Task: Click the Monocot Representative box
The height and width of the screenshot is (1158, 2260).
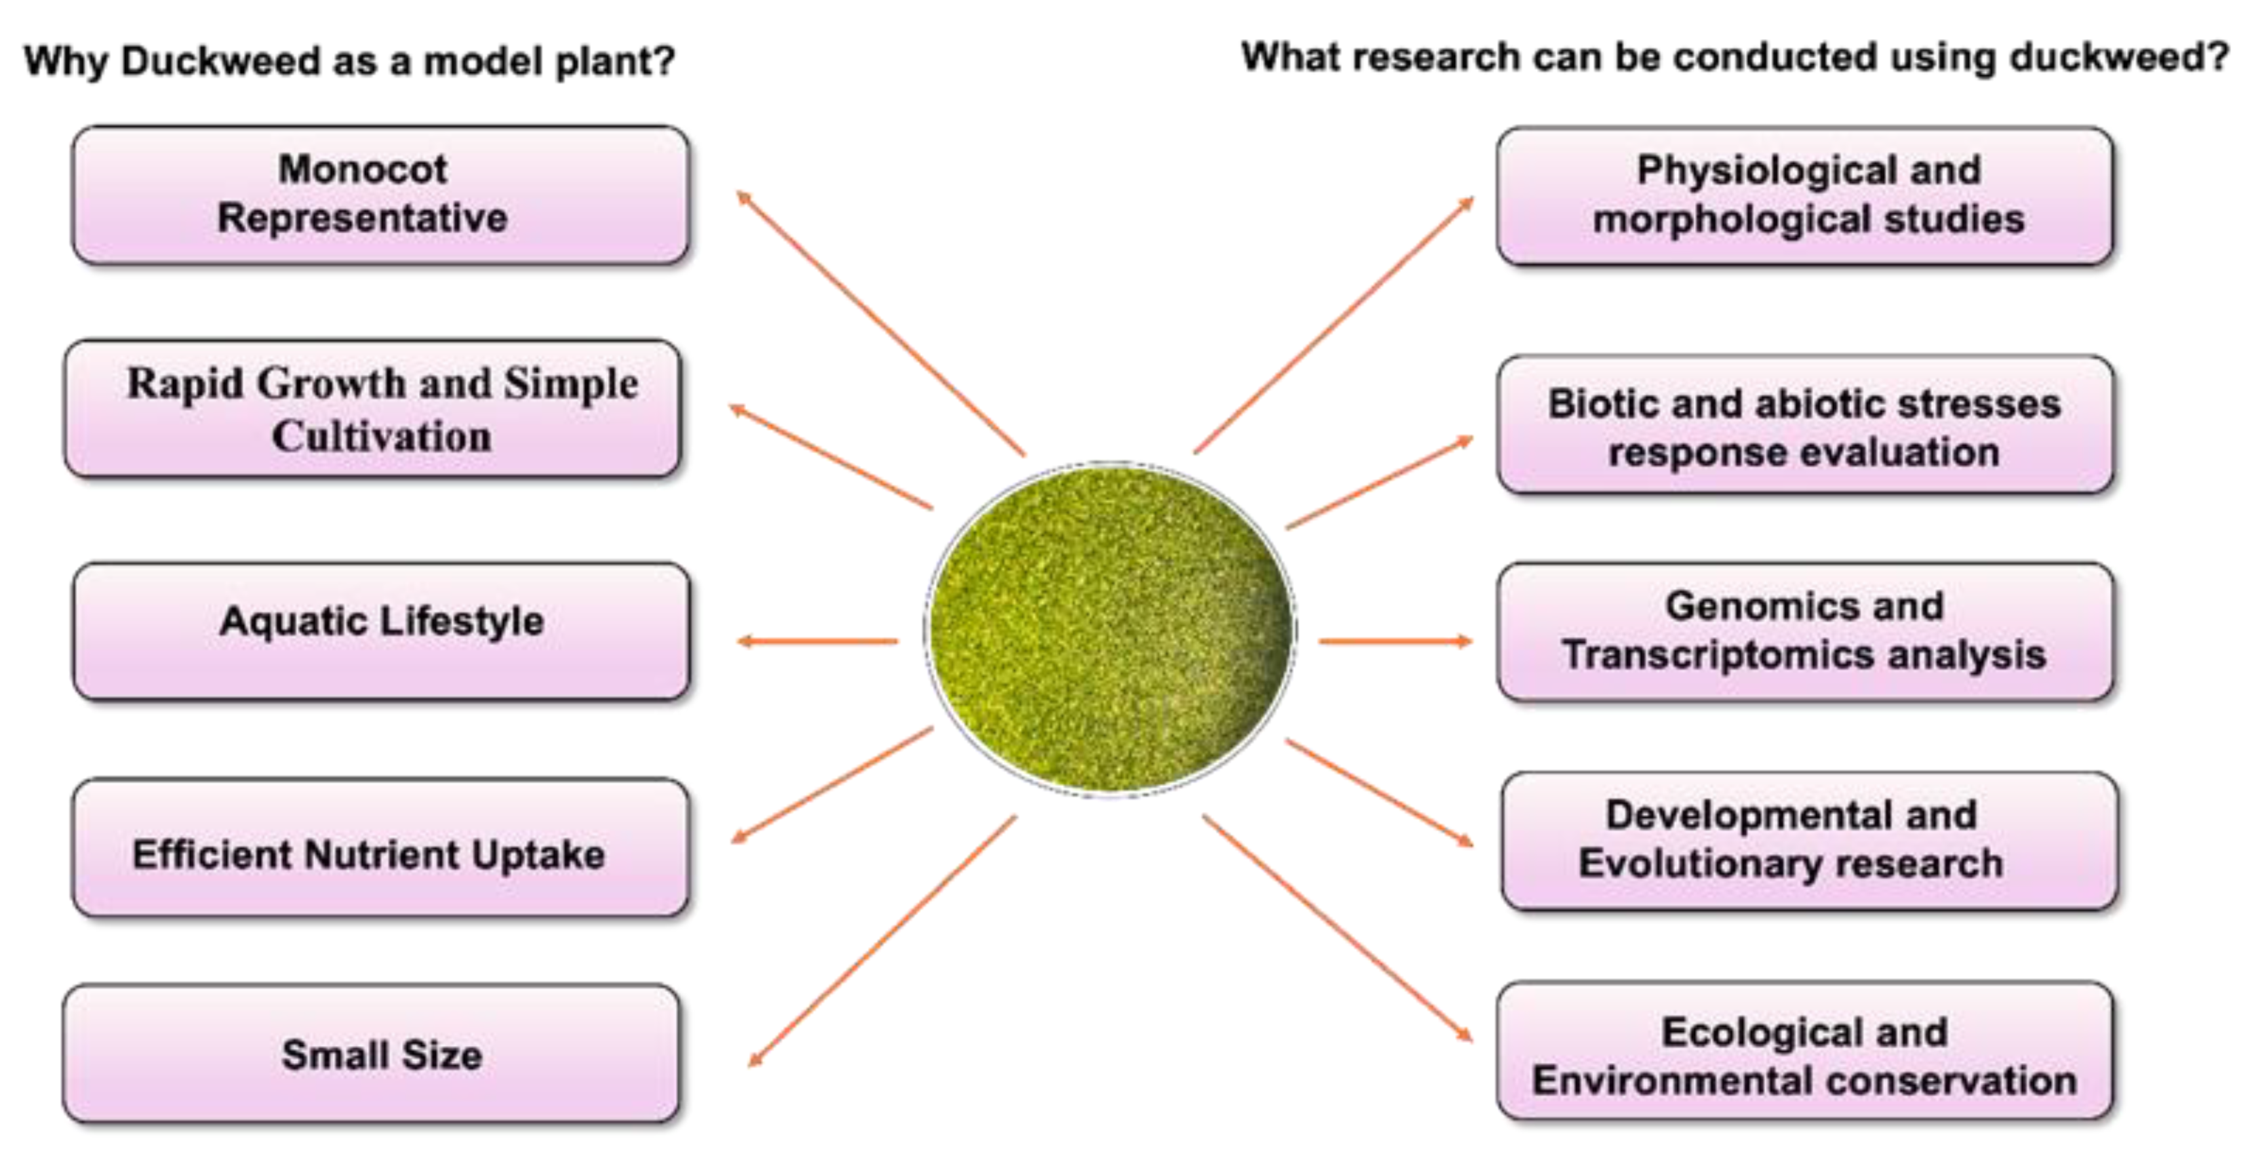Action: (x=380, y=195)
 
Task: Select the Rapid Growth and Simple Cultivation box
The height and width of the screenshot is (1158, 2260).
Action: (x=373, y=409)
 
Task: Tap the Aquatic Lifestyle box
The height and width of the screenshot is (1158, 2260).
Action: (x=381, y=631)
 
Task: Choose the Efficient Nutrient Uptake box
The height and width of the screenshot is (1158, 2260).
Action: (x=380, y=847)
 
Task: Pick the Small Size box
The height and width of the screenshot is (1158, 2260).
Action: (x=371, y=1054)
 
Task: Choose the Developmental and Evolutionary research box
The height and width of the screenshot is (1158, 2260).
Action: (x=1808, y=841)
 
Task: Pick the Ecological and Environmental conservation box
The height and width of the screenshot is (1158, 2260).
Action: (x=1804, y=1051)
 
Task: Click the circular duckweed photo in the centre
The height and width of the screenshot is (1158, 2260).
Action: (x=1110, y=628)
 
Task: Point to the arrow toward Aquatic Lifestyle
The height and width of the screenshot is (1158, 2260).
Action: (x=818, y=641)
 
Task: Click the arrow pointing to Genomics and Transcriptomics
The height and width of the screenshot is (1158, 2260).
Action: (x=1395, y=641)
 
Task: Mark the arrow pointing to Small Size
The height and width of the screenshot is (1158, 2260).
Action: (x=881, y=941)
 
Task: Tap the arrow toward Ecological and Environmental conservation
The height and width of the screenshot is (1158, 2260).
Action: (x=1337, y=928)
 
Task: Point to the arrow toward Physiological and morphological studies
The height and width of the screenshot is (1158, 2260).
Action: (x=1334, y=325)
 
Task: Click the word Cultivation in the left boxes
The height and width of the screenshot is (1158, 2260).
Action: (x=381, y=437)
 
